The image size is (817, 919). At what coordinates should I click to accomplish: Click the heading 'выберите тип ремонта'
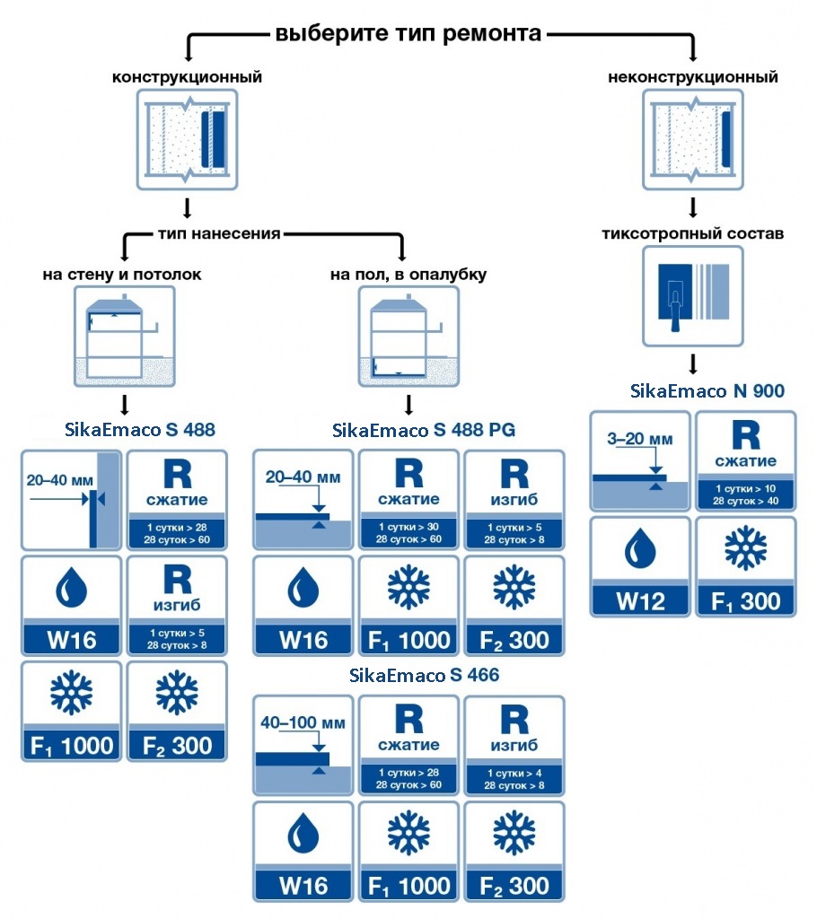(408, 33)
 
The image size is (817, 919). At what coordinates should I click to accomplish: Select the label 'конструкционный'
(187, 77)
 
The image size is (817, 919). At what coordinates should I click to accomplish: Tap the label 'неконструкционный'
(693, 77)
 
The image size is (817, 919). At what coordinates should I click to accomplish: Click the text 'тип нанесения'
(219, 233)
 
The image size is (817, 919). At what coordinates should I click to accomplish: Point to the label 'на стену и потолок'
(122, 275)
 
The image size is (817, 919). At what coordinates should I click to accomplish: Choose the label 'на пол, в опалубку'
(408, 275)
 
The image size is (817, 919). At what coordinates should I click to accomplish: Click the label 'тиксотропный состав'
(693, 233)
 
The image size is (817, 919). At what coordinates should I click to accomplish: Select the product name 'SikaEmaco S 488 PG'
(424, 430)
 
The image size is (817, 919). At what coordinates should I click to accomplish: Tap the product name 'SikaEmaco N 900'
(707, 391)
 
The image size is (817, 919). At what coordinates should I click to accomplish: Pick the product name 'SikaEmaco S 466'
(424, 675)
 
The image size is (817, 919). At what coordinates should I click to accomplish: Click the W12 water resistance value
(640, 601)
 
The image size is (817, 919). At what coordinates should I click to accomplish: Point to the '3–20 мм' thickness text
(640, 439)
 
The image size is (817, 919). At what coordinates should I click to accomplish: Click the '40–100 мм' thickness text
(303, 722)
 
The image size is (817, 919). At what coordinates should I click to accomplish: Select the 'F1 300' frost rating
(745, 601)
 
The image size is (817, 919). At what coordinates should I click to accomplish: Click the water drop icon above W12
(640, 549)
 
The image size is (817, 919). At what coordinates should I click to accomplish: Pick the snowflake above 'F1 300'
(745, 548)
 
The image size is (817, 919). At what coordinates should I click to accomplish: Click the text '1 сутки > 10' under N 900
(745, 489)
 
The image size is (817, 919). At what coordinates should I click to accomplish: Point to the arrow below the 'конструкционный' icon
(187, 208)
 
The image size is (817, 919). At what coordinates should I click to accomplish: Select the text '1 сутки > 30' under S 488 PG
(408, 527)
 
